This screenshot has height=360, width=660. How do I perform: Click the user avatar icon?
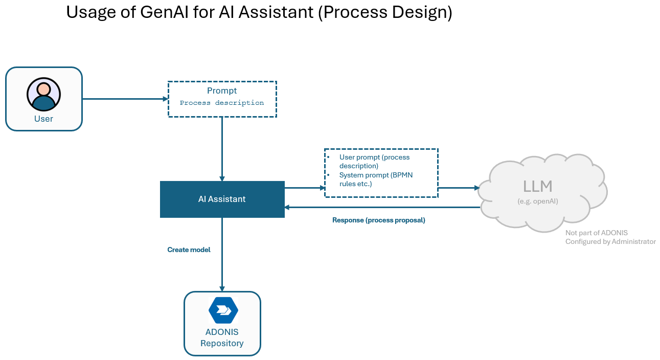[43, 95]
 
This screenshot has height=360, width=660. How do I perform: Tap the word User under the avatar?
[43, 119]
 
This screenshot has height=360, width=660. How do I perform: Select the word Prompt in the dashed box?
[222, 91]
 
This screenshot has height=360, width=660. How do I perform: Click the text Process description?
[222, 103]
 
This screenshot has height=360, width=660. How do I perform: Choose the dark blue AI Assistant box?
[222, 199]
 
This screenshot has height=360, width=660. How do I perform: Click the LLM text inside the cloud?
[537, 186]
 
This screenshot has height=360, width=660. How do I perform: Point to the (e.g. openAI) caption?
[537, 201]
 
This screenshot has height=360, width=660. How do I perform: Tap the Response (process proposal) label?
[378, 220]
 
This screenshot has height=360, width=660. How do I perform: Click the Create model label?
[189, 250]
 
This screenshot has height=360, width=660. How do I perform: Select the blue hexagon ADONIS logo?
[223, 310]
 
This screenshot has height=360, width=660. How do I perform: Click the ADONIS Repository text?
[222, 337]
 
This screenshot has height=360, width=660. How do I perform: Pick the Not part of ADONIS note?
[596, 233]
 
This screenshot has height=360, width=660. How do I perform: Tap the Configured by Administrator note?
[610, 241]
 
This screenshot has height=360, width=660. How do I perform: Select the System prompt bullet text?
[375, 179]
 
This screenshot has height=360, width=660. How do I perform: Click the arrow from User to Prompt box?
[125, 99]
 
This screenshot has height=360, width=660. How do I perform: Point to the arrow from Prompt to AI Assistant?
[222, 148]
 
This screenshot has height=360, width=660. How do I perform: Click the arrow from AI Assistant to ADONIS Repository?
[222, 256]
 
